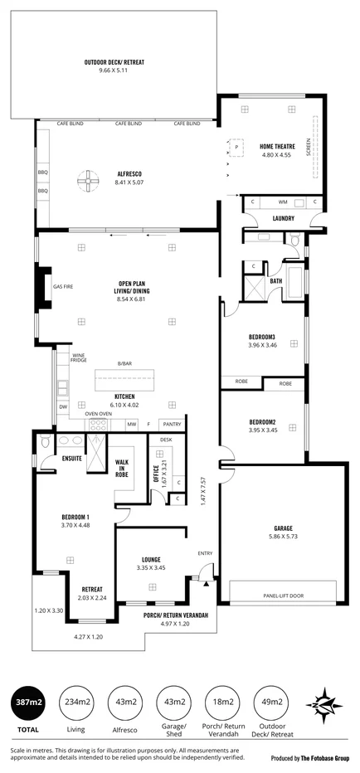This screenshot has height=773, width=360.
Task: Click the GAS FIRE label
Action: [63, 287]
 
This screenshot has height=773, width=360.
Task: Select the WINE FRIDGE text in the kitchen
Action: [79, 357]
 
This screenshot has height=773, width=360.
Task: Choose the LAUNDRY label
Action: [260, 219]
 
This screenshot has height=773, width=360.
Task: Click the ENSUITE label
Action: [71, 458]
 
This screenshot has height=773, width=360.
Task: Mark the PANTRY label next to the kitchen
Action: [172, 424]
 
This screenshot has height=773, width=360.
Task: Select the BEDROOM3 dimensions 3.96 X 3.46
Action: [262, 344]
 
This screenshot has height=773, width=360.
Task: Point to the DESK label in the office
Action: [166, 439]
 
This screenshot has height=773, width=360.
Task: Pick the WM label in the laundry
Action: [282, 202]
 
